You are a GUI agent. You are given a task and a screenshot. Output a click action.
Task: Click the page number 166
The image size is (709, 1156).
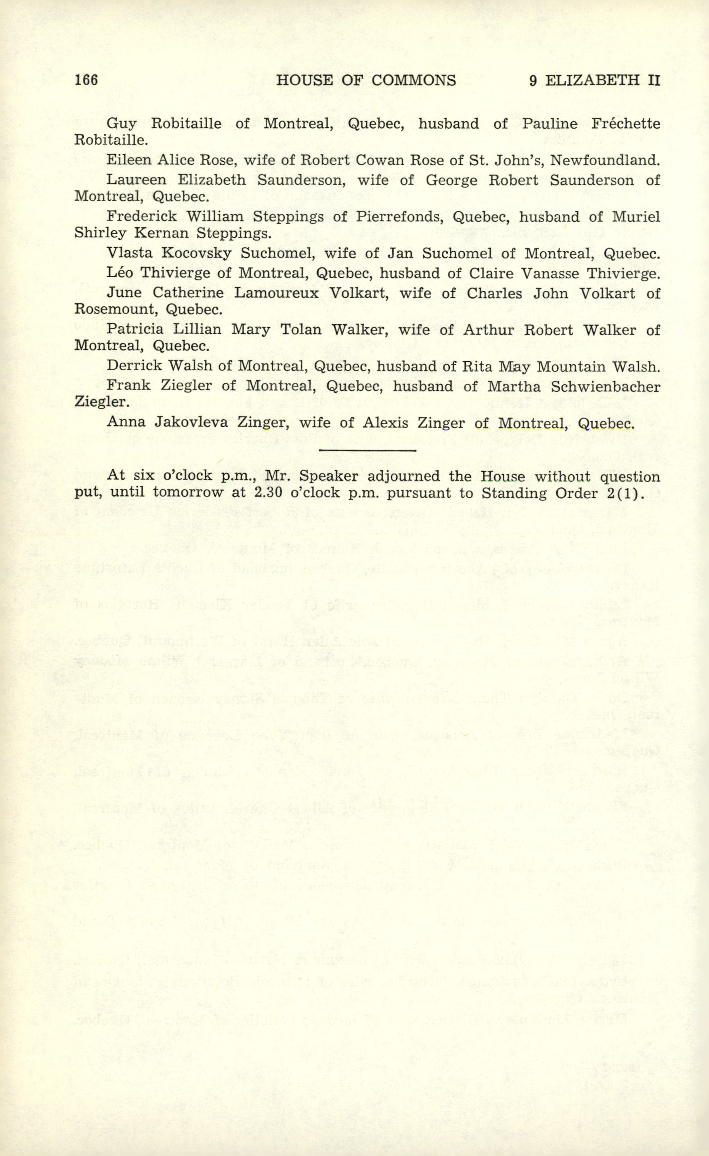coord(86,80)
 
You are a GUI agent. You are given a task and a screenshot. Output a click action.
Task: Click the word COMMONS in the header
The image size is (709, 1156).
coord(413,80)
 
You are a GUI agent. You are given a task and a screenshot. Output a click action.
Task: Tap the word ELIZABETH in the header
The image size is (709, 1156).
coord(592,80)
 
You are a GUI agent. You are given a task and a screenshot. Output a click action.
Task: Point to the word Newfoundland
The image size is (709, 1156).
coord(605,160)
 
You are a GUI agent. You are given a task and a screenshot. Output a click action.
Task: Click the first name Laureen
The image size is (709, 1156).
coord(136,180)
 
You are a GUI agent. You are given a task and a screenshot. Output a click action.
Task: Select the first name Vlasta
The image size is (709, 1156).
coord(129,253)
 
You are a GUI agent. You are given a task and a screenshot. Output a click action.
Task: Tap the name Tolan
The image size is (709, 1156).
coord(301,330)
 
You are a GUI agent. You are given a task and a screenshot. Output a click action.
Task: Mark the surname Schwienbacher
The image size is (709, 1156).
coord(605,387)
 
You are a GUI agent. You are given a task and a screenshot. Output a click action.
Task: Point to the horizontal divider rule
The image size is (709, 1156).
coord(367,450)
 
